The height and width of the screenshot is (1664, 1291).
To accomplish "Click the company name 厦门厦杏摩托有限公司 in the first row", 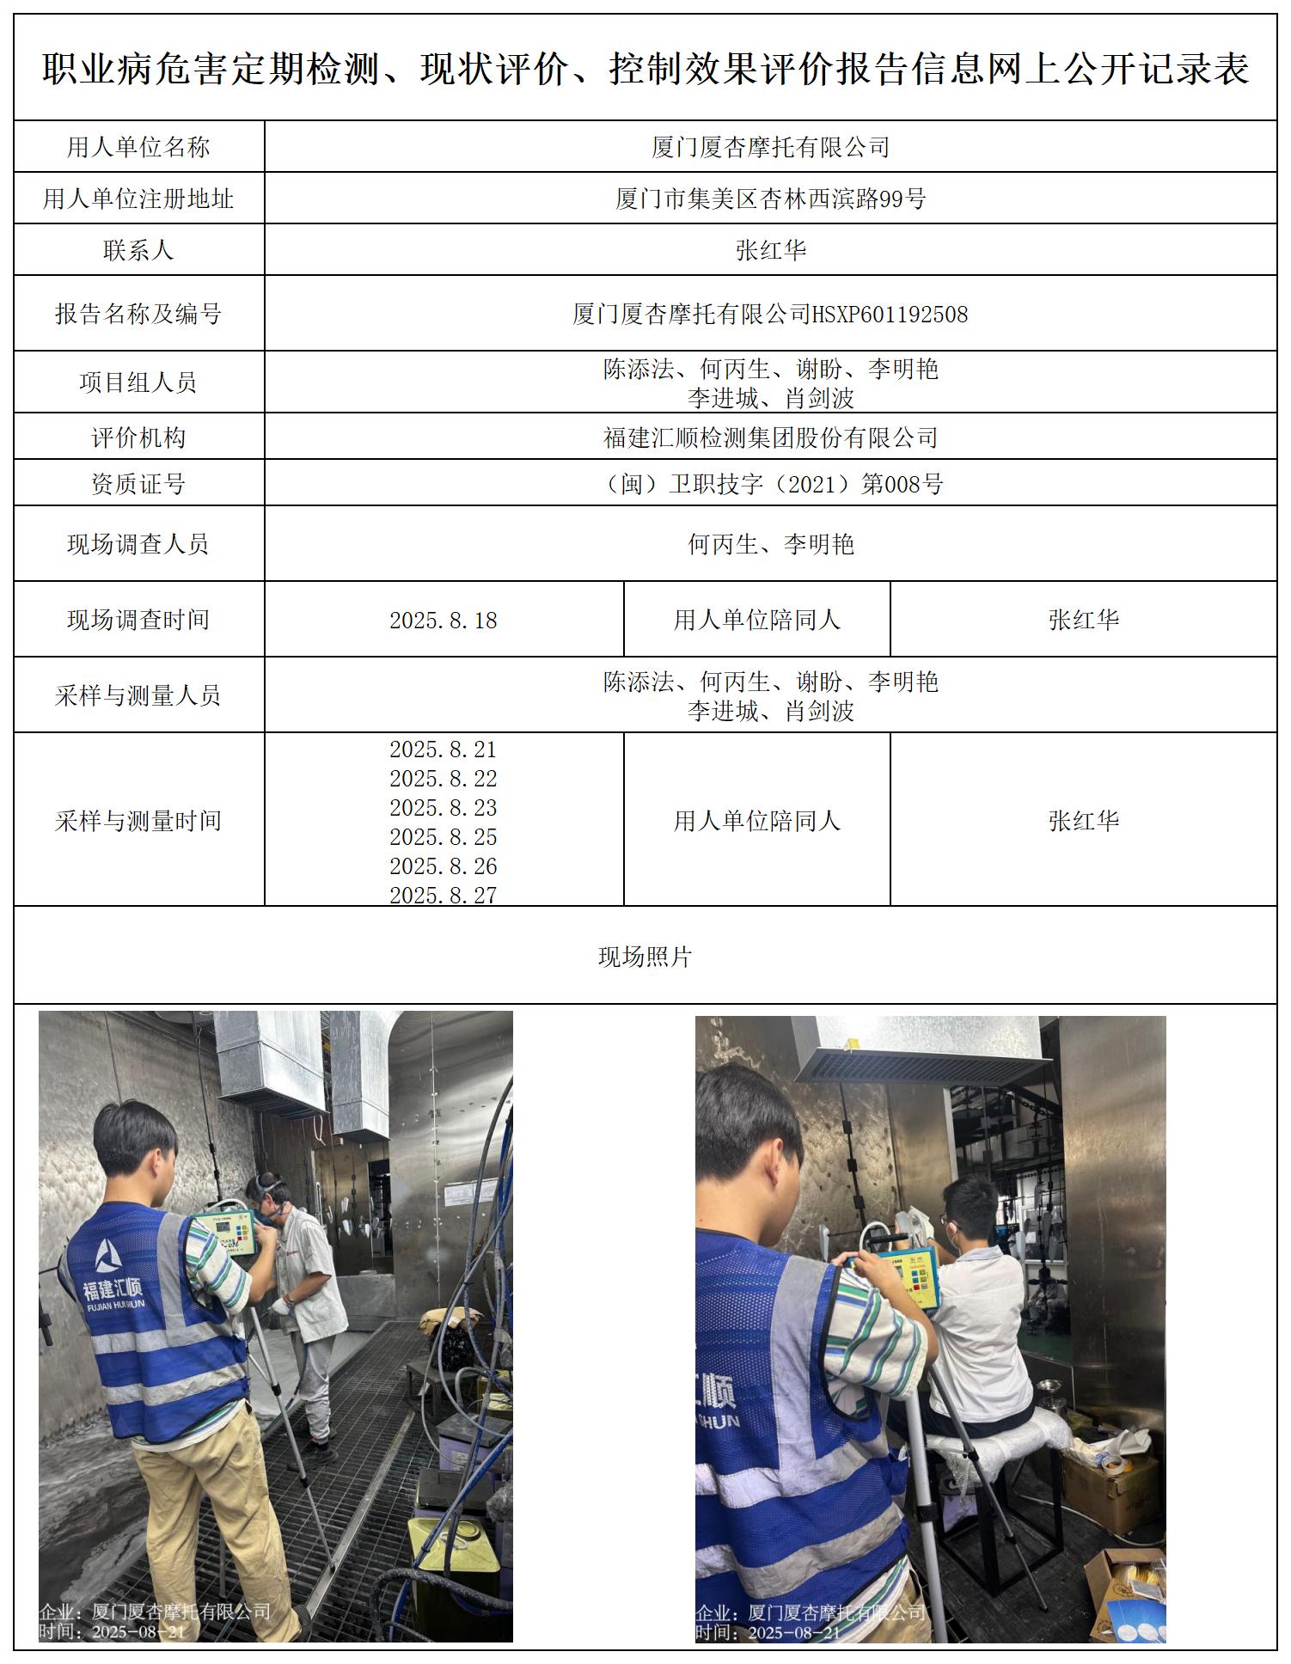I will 770,147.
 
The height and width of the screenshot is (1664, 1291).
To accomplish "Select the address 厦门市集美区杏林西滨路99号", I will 770,199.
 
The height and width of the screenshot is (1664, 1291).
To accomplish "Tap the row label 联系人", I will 138,250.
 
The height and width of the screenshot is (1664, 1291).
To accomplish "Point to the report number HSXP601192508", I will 890,314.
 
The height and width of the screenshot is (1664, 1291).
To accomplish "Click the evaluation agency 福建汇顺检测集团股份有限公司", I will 770,437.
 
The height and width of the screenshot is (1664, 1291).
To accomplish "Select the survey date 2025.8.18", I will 444,620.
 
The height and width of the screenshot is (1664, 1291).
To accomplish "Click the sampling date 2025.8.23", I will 444,808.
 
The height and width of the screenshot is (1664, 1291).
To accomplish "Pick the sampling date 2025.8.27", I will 444,895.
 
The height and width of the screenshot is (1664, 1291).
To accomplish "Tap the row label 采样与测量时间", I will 138,820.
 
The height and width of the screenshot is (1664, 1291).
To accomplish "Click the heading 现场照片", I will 645,957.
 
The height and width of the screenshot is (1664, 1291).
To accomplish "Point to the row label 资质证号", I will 138,484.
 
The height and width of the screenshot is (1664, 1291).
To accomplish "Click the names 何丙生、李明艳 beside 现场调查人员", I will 770,544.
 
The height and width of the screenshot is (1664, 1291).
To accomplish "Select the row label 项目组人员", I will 138,382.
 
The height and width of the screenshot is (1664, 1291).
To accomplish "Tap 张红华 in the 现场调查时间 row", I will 1083,620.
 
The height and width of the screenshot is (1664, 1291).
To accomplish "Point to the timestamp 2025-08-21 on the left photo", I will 138,1631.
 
